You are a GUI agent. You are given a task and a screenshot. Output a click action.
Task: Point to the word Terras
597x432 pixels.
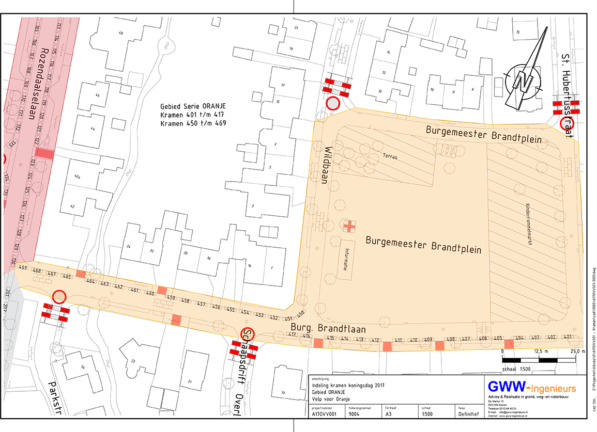390,155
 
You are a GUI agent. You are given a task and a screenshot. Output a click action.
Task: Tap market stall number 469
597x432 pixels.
22,268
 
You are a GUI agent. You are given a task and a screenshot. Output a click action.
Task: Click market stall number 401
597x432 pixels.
568,337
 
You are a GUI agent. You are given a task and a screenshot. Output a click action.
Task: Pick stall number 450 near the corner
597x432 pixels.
301,313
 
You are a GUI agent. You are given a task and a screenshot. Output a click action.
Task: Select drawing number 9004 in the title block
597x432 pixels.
355,413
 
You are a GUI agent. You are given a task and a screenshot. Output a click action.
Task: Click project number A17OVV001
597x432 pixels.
324,413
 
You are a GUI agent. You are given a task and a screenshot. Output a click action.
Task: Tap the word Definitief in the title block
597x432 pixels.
468,413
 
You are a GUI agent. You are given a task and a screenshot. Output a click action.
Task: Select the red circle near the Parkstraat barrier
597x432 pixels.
59,297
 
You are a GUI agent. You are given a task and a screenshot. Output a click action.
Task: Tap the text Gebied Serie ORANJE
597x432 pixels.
193,106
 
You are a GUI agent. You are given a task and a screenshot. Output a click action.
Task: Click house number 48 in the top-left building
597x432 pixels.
121,33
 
